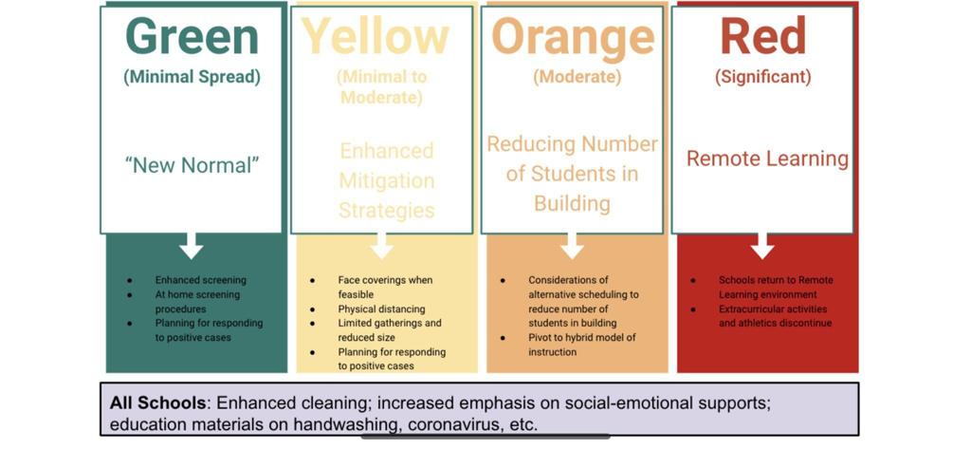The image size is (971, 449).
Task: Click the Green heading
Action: (x=192, y=37)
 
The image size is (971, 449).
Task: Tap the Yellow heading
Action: (x=376, y=37)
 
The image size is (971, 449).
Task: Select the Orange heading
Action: (x=573, y=37)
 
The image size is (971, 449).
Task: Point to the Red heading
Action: (x=762, y=37)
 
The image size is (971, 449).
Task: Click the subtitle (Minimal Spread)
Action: (x=192, y=78)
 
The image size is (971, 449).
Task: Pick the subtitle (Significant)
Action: (x=763, y=78)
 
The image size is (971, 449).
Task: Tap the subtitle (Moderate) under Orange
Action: (x=577, y=78)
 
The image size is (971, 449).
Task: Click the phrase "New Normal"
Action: (x=192, y=164)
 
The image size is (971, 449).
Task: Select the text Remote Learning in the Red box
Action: (x=767, y=159)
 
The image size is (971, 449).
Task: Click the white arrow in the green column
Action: (x=192, y=246)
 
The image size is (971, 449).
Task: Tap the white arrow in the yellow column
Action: (x=381, y=246)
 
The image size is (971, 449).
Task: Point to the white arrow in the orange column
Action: (x=572, y=246)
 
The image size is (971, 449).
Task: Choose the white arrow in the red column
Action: (x=762, y=246)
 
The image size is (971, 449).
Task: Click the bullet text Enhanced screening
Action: (x=201, y=280)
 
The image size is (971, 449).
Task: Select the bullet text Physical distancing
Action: (x=381, y=309)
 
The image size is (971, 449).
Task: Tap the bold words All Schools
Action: (x=158, y=403)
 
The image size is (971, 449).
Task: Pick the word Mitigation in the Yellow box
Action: (x=387, y=181)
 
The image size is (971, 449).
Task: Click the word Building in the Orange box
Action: (x=572, y=203)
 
